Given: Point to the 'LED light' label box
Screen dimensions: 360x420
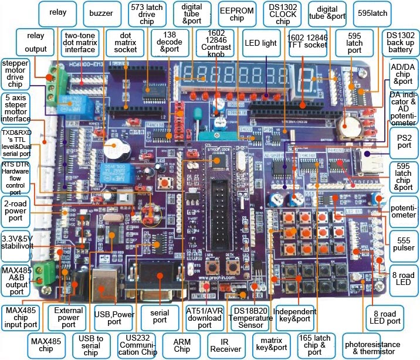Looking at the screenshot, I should point(260,43).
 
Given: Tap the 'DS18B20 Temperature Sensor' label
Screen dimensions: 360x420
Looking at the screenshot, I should point(253,317).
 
